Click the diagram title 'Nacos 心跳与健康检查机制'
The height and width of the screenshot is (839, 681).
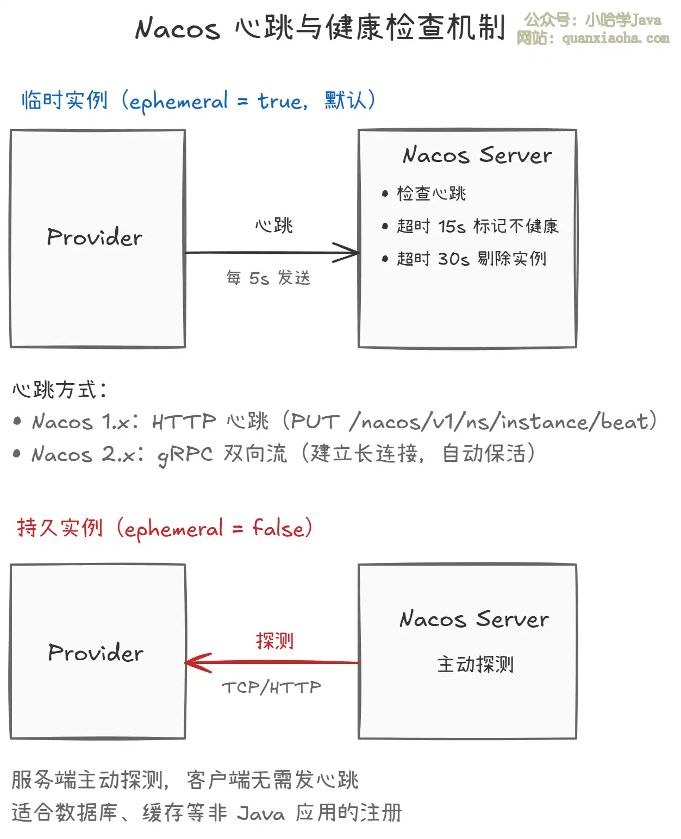click(x=320, y=28)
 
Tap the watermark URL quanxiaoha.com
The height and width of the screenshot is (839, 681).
click(x=615, y=39)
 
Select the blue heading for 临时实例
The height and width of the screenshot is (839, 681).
click(x=198, y=101)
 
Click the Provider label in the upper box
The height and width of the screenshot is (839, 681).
click(x=95, y=237)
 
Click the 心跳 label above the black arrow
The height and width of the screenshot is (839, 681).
click(x=274, y=226)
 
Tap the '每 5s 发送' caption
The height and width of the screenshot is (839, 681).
click(x=268, y=278)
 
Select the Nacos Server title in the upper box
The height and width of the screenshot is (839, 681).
click(x=477, y=155)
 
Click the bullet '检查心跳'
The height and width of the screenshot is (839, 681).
click(x=431, y=193)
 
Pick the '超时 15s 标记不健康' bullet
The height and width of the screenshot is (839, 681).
click(x=477, y=226)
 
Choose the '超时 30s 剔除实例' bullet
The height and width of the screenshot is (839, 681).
click(x=471, y=259)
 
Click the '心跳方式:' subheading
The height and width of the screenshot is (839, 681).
click(x=60, y=390)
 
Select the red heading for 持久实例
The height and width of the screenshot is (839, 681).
click(x=164, y=528)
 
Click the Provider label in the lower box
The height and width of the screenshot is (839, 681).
click(x=96, y=653)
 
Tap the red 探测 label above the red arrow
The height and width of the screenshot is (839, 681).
click(x=274, y=641)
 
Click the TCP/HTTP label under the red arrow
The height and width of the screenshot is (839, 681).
click(x=271, y=688)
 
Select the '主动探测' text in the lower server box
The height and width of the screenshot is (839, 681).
click(x=475, y=664)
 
